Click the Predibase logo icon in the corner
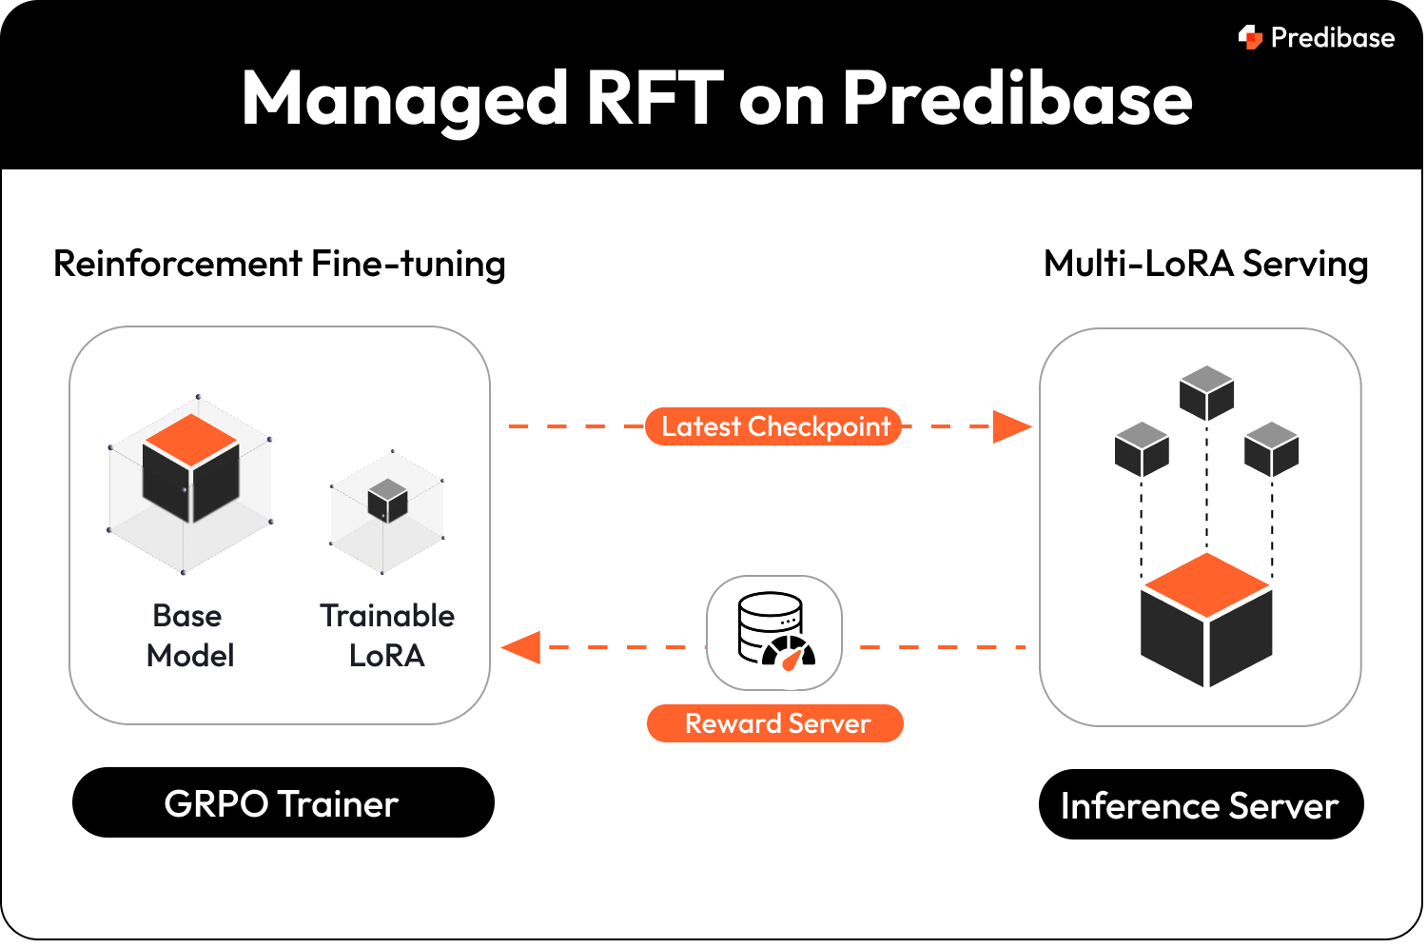pos(1250,37)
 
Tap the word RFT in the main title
pos(655,98)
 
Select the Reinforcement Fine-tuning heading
pos(279,264)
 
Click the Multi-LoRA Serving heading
pos(1205,264)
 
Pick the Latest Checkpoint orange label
pos(773,426)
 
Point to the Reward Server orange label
pos(775,723)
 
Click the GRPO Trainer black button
pos(283,803)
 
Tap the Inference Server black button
pos(1200,805)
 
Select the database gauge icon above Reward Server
pos(774,632)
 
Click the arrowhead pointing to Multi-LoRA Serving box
pos(1011,426)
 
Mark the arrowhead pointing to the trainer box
pos(521,647)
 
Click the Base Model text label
pos(189,636)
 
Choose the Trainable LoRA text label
pos(386,636)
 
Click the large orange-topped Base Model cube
pos(191,468)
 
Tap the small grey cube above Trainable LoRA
pos(387,501)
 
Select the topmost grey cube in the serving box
pos(1206,393)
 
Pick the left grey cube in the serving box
pos(1141,449)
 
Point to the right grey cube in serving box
pos(1271,449)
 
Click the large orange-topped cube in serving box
pos(1206,621)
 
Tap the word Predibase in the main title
pos(1017,98)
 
